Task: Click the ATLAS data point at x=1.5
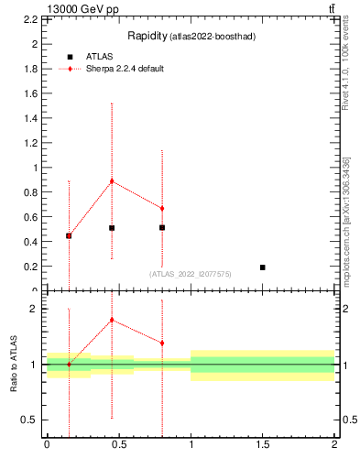click(263, 267)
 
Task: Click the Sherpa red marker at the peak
click(112, 180)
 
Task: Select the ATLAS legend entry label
click(99, 56)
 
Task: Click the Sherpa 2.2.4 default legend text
click(125, 69)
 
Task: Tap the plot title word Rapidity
click(145, 36)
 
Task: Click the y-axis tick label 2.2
click(29, 19)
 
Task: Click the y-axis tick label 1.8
click(29, 69)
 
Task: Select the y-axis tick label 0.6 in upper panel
click(29, 217)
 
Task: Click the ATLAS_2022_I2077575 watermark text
click(191, 273)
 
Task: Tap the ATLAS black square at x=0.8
click(162, 227)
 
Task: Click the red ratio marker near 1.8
click(112, 320)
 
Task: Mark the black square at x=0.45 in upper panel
click(112, 227)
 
